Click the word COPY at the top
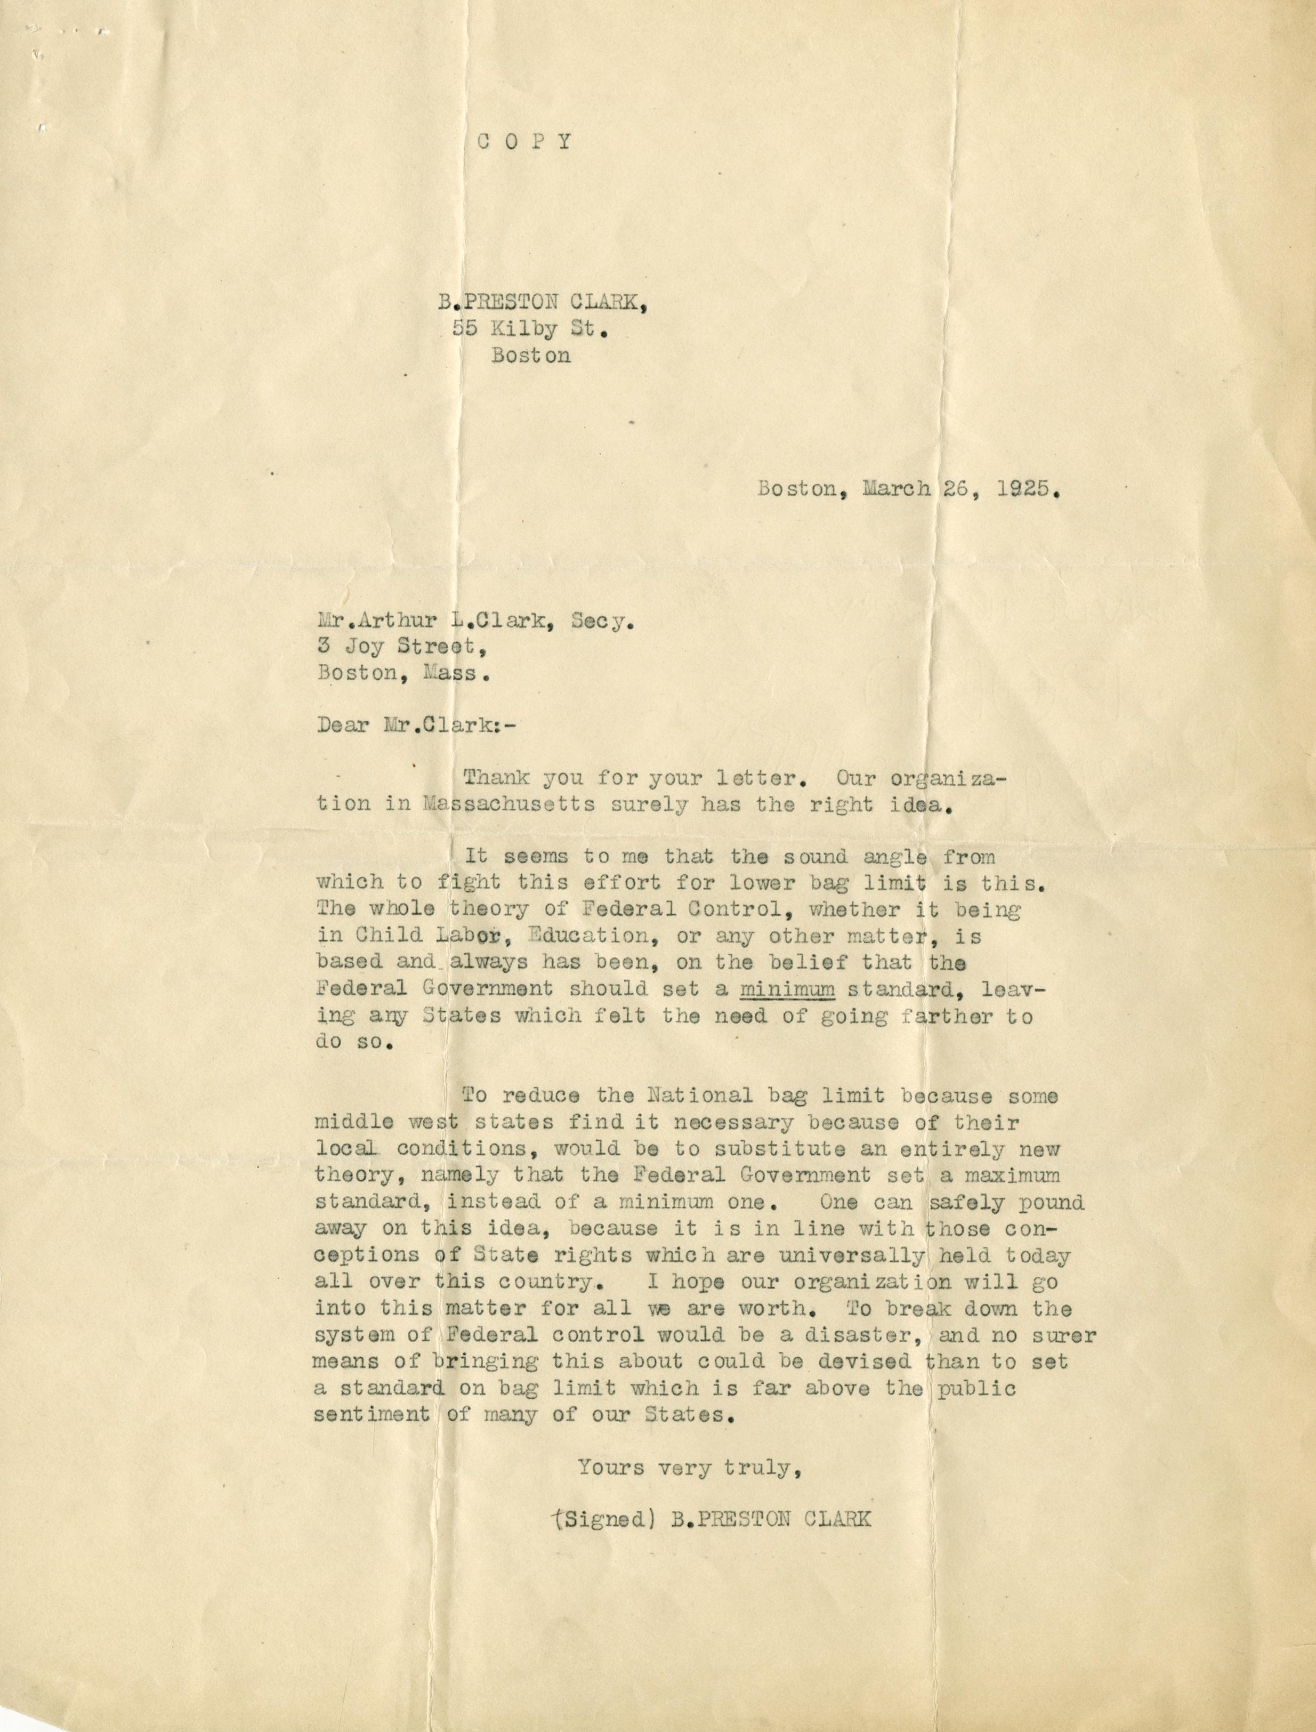point(526,142)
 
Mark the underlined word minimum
point(787,989)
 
